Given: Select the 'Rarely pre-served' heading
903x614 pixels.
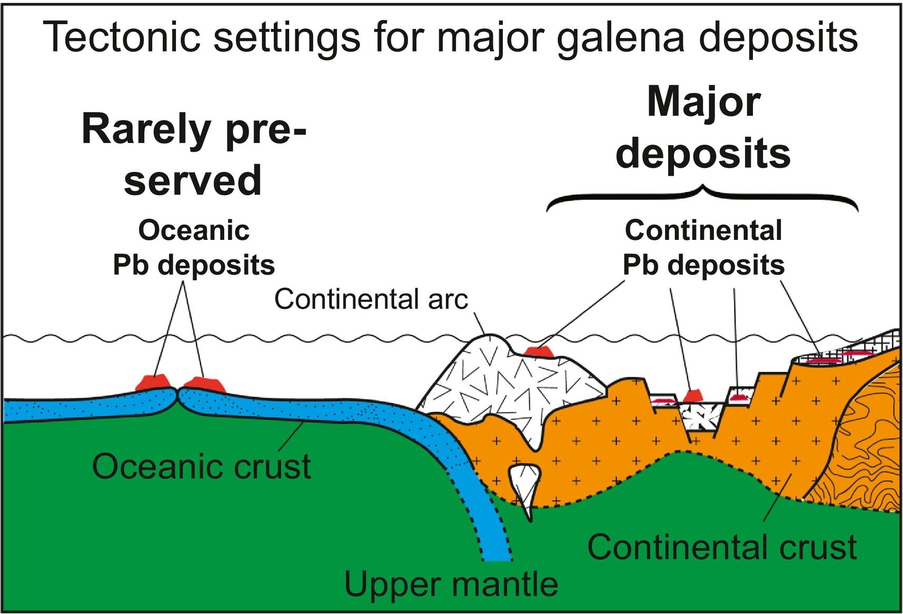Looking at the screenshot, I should pos(193,155).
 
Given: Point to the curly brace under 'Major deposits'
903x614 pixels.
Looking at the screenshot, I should pos(702,197).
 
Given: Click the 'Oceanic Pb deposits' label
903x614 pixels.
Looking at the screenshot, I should pos(194,247).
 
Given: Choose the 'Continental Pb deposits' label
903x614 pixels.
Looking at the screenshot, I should pos(703,247).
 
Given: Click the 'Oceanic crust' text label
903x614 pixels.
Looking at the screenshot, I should pos(201,466).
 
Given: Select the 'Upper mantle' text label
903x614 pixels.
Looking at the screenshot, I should pos(451,583).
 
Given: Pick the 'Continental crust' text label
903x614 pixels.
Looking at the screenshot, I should pos(722,547).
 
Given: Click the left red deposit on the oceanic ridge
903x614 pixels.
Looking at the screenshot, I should pos(153,383).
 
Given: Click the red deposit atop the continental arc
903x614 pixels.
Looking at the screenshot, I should pos(538,351).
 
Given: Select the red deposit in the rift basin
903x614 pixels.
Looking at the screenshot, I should pos(693,395).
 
